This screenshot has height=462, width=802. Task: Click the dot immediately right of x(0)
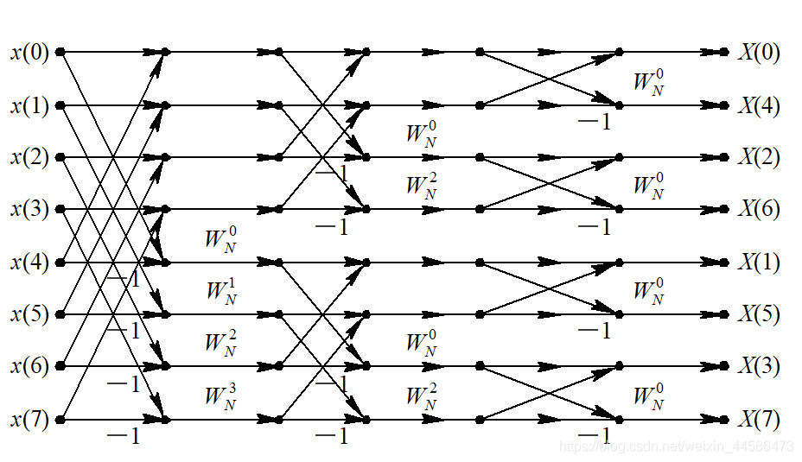coord(60,52)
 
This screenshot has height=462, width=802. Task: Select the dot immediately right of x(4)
coord(60,262)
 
